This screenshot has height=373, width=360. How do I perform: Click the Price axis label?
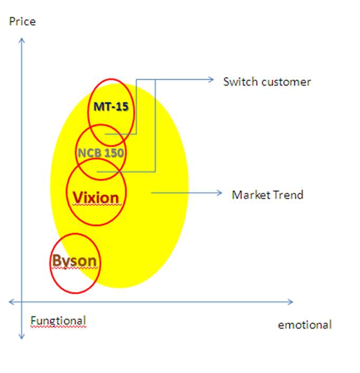tap(22, 22)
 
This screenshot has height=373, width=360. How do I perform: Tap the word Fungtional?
tap(58, 321)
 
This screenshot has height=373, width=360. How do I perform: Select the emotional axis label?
tap(304, 325)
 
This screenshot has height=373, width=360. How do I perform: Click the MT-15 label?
tap(111, 107)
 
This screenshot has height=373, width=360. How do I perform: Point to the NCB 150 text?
tap(100, 153)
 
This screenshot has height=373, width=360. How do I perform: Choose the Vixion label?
tap(96, 198)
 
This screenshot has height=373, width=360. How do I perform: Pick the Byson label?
tap(75, 261)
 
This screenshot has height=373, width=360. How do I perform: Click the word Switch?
tap(238, 82)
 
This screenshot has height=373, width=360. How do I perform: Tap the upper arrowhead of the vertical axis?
tap(22, 41)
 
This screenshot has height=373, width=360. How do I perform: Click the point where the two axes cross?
tap(22, 302)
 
